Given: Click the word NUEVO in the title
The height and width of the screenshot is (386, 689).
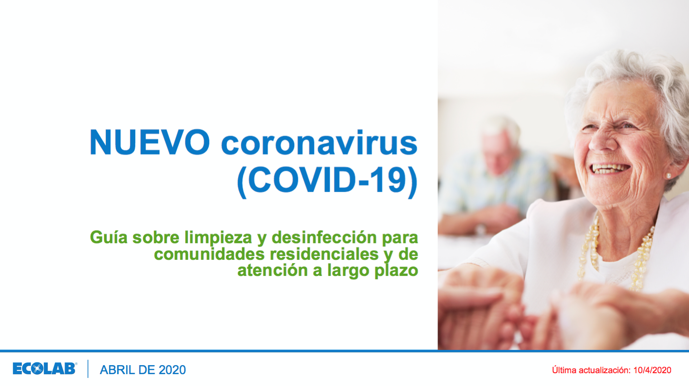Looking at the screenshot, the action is [x=149, y=142].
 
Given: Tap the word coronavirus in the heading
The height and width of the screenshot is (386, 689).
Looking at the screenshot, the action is [x=319, y=143].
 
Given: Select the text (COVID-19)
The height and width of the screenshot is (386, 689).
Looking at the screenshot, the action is [x=327, y=181].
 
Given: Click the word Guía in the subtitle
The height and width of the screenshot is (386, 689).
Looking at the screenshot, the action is [x=109, y=237].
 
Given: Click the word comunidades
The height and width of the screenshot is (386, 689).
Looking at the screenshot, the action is [x=209, y=254].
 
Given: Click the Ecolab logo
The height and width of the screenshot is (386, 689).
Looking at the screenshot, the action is [x=45, y=369].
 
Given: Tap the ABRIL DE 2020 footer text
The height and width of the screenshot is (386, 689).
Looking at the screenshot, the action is [x=143, y=370].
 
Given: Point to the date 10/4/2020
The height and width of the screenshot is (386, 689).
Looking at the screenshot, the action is [x=652, y=370].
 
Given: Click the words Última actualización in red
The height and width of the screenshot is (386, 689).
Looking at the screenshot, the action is [x=591, y=370].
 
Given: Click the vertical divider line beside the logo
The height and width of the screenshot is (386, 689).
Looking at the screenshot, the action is [x=88, y=369].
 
